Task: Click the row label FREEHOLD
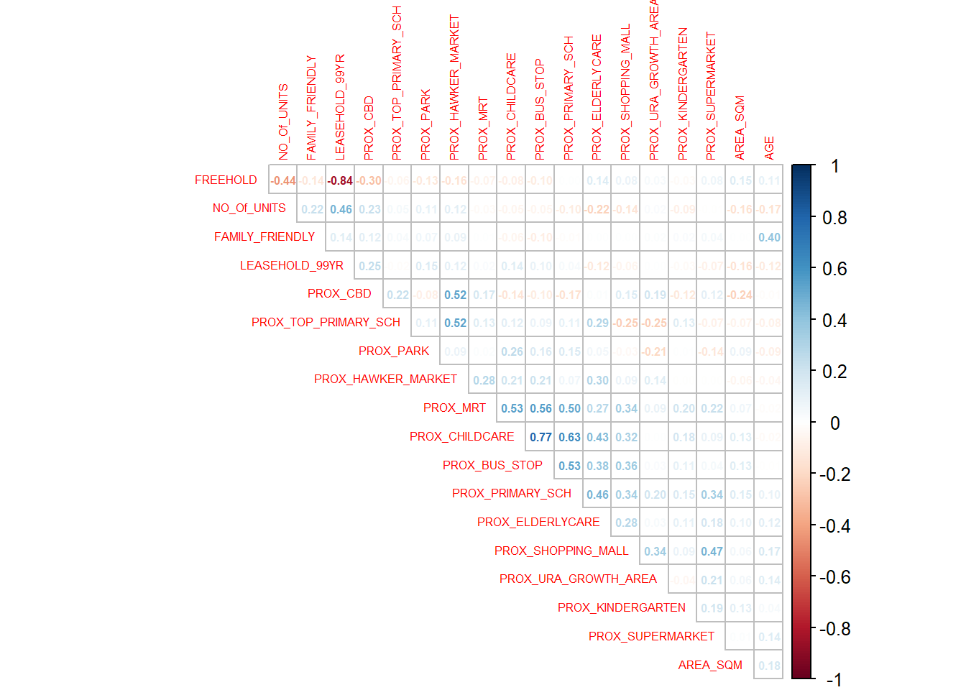pos(226,180)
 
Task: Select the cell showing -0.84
pos(340,180)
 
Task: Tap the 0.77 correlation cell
pos(540,437)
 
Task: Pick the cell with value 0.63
pos(569,437)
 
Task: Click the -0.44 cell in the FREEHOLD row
pos(283,180)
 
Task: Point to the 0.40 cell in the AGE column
pos(769,237)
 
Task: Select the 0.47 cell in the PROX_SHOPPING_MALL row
pos(712,551)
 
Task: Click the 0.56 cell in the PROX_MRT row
pos(540,408)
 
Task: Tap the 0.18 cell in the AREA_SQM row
pos(769,666)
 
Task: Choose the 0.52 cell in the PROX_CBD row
pos(455,295)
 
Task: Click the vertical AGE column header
pos(769,147)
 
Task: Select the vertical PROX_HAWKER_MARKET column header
pos(454,87)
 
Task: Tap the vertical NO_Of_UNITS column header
pos(283,121)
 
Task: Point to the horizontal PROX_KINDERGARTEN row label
pos(621,607)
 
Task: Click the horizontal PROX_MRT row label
pos(454,408)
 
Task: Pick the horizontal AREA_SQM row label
pos(710,665)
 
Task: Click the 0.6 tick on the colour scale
pos(834,269)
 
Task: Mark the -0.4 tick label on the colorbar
pos(834,526)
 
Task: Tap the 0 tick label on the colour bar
pos(834,423)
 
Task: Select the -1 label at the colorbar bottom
pos(834,679)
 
